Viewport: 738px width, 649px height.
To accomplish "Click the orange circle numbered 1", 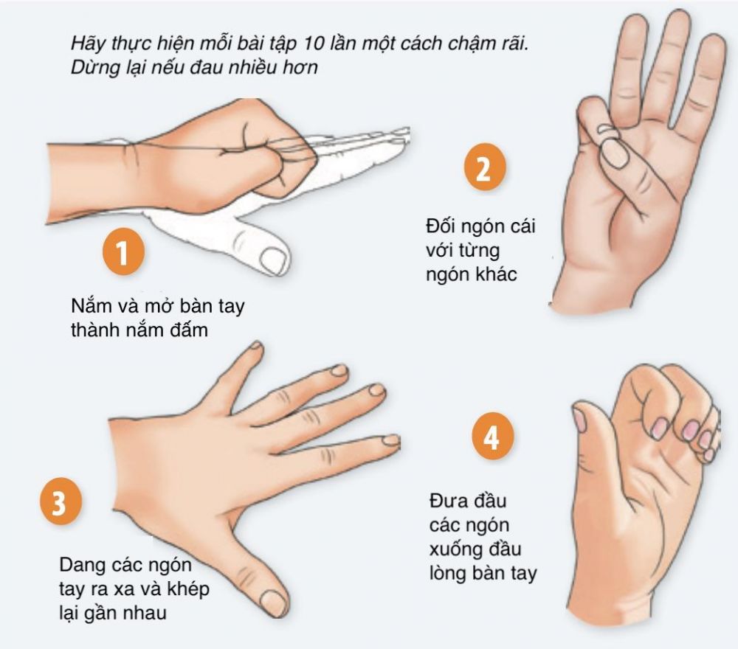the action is click(x=123, y=253).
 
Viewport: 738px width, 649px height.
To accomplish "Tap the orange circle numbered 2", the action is click(x=484, y=167).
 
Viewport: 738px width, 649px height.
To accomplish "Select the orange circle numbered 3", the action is click(x=61, y=502).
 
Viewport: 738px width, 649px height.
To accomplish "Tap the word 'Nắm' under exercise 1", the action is click(x=90, y=306).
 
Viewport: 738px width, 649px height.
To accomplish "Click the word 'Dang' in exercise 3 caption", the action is click(x=83, y=565).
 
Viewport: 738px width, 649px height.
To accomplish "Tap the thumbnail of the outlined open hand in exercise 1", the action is click(x=273, y=260).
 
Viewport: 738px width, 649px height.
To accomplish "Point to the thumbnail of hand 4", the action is click(x=579, y=420).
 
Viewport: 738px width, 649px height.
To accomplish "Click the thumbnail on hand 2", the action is click(x=615, y=153).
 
